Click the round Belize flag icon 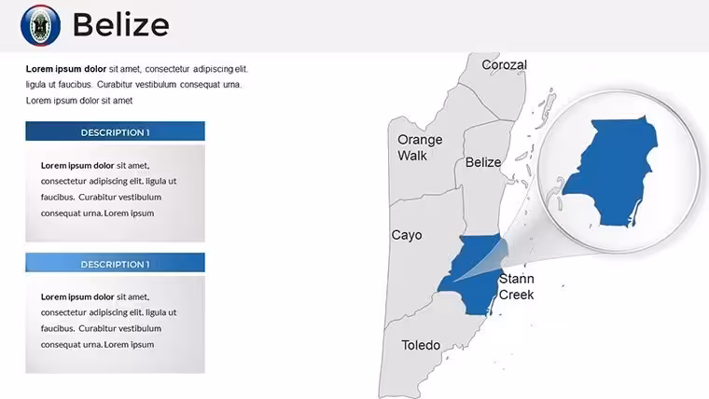point(41,25)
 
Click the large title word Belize point(120,25)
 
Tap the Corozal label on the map point(504,65)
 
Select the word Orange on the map point(420,140)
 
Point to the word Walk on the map point(412,156)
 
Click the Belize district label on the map point(483,162)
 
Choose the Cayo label point(407,236)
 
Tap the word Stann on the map point(517,279)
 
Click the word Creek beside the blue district point(517,295)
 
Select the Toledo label point(421,345)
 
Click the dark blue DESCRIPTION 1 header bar point(116,131)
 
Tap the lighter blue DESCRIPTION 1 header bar point(116,263)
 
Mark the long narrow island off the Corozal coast point(548,105)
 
